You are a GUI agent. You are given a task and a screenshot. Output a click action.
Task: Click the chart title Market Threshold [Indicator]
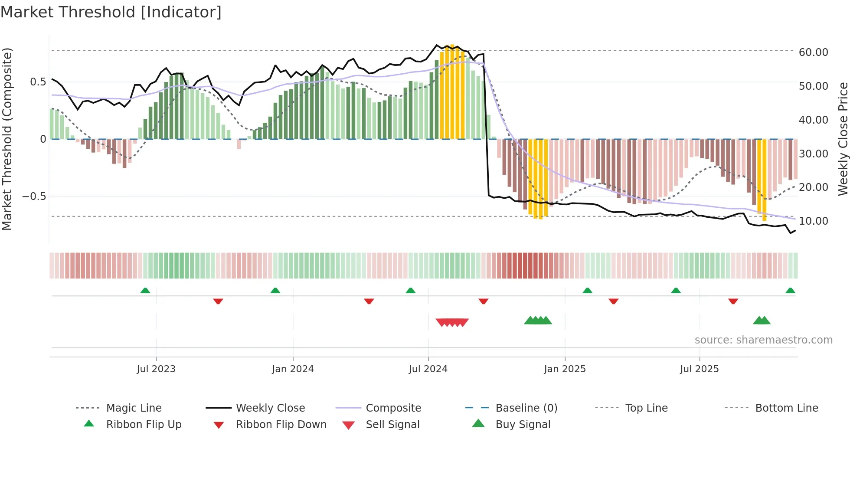(x=111, y=12)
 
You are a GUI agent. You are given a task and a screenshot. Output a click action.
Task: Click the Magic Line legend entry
(x=134, y=408)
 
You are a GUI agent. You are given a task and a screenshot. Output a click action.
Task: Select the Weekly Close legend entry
(x=270, y=408)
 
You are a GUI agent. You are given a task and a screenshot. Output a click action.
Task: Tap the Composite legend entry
(x=393, y=408)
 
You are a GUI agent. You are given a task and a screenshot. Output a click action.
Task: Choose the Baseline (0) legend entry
(x=526, y=408)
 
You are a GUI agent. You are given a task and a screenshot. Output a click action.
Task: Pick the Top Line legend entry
(x=646, y=408)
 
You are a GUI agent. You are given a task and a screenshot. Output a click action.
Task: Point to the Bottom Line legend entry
(x=786, y=408)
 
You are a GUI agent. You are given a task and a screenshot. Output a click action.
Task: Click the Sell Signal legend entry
(x=392, y=424)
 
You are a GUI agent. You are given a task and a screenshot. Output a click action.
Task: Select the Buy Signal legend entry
(x=523, y=424)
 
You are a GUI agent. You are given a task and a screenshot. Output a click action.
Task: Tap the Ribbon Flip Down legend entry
(x=281, y=424)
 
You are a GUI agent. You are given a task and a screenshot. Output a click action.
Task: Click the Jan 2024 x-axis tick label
(x=293, y=369)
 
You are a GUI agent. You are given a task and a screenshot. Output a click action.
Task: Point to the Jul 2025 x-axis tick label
(x=699, y=369)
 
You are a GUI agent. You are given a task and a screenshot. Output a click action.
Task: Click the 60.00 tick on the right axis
(x=813, y=52)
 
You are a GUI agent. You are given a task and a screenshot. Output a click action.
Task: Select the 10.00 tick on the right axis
(x=813, y=221)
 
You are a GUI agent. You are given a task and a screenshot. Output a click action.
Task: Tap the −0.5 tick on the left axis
(x=34, y=196)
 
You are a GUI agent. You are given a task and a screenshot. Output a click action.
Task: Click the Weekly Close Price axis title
(x=843, y=139)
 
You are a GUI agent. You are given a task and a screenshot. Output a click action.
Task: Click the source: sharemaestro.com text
(x=763, y=340)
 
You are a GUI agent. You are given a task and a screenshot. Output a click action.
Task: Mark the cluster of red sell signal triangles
(x=452, y=322)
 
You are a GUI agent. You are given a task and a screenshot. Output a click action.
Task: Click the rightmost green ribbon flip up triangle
(x=790, y=291)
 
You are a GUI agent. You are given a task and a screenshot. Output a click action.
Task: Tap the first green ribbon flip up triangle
(x=145, y=291)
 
